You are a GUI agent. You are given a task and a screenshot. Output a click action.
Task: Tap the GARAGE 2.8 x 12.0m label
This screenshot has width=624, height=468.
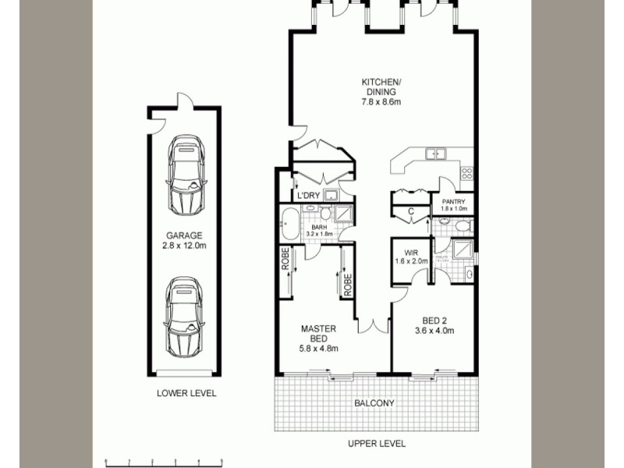coord(184,240)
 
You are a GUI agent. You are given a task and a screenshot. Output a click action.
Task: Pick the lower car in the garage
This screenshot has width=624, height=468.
coord(185,314)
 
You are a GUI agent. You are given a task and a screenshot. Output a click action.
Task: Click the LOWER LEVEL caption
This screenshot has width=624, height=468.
coord(186,394)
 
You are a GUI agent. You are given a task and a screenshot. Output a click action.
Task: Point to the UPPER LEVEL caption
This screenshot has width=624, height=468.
coord(376,444)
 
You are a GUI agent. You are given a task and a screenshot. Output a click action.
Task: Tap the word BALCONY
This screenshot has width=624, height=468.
coord(374,403)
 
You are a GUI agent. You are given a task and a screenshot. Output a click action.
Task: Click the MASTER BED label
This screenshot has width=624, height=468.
coord(318,338)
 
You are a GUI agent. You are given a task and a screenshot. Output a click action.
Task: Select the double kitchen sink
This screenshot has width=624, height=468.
coord(434,154)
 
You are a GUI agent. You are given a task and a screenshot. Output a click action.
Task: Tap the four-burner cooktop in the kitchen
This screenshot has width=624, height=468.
coord(466,173)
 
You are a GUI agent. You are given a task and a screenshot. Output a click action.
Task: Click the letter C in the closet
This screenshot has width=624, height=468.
coord(410,211)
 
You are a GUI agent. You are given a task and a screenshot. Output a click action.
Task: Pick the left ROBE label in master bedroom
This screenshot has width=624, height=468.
coord(285,260)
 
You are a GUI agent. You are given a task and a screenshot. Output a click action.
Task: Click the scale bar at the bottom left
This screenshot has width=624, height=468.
coord(164,462)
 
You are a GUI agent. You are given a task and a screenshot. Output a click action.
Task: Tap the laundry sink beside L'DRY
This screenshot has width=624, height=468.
coord(331,195)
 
